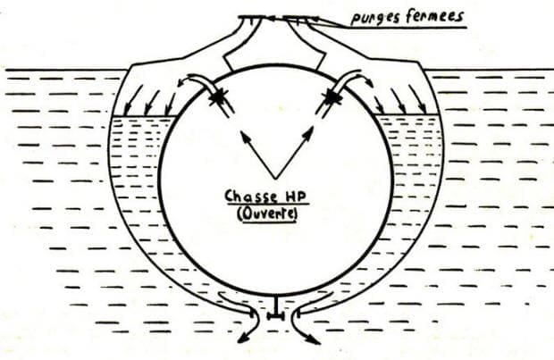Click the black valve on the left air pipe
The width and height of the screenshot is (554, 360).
(216, 96)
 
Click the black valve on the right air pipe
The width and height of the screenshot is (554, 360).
(332, 95)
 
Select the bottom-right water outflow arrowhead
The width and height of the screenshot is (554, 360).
(315, 340)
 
